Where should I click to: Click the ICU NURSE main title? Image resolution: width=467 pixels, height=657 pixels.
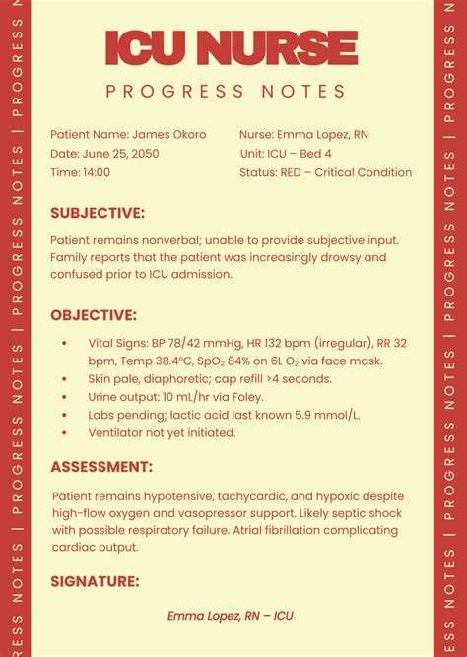pyautogui.click(x=231, y=47)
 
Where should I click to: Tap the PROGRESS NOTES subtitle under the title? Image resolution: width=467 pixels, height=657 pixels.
pyautogui.click(x=226, y=92)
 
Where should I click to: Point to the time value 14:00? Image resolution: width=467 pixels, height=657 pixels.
pyautogui.click(x=97, y=172)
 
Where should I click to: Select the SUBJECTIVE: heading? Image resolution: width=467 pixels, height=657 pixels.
pyautogui.click(x=98, y=212)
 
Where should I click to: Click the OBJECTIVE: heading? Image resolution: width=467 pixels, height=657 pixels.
pyautogui.click(x=94, y=315)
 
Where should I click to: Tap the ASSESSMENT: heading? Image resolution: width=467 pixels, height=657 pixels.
pyautogui.click(x=101, y=466)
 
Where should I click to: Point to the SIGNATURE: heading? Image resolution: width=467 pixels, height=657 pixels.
pyautogui.click(x=95, y=581)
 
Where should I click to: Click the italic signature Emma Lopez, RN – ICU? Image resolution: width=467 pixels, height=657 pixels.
pyautogui.click(x=231, y=616)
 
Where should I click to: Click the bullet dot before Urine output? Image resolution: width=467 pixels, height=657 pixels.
pyautogui.click(x=64, y=397)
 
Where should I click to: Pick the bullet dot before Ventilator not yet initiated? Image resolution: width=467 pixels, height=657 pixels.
pyautogui.click(x=64, y=432)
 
